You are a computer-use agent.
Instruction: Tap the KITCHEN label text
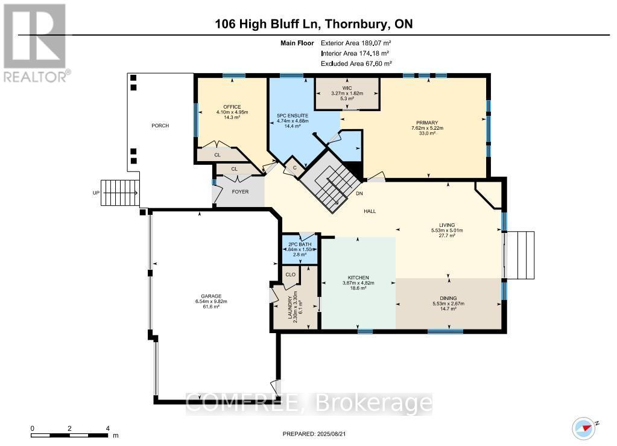coord(358,278)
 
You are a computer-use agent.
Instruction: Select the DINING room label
coord(448,298)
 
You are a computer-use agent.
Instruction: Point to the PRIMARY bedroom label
coord(429,123)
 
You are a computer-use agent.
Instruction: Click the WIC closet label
coord(347,88)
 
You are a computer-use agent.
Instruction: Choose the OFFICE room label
coord(227,106)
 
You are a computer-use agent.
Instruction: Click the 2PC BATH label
coord(294,244)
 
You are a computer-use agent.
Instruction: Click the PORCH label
coord(160,126)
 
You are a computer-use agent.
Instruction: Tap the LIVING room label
coord(447,225)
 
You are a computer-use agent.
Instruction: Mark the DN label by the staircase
coord(360,194)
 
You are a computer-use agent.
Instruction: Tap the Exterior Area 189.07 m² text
coord(356,43)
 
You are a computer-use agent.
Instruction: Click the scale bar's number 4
coord(107,428)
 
